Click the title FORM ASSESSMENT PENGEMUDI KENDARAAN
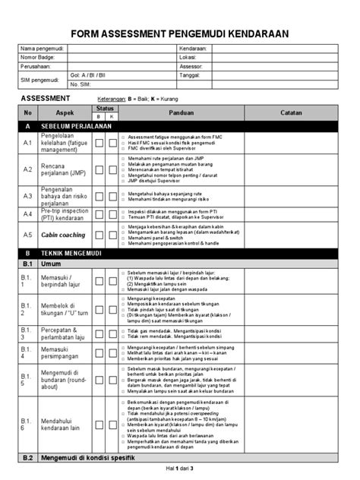(x=179, y=33)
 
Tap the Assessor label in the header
(x=193, y=66)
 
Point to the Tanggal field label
(x=192, y=75)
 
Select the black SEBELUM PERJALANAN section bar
(x=179, y=127)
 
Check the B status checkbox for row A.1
(x=99, y=143)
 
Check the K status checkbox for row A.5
(x=112, y=235)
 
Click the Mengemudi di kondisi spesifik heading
(x=87, y=458)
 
